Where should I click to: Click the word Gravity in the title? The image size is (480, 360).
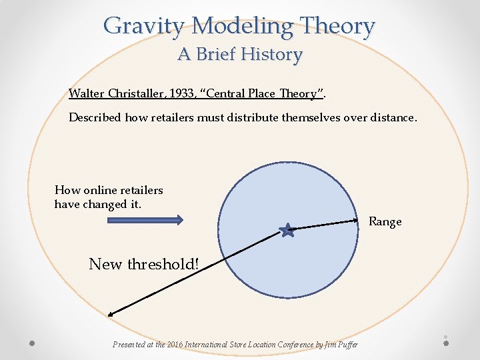coord(145,26)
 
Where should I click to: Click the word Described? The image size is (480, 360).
coord(95,117)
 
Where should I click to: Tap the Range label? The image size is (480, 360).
coord(385,222)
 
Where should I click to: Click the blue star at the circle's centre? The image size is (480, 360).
coord(287,231)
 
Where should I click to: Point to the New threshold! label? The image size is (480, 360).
coord(144,264)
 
